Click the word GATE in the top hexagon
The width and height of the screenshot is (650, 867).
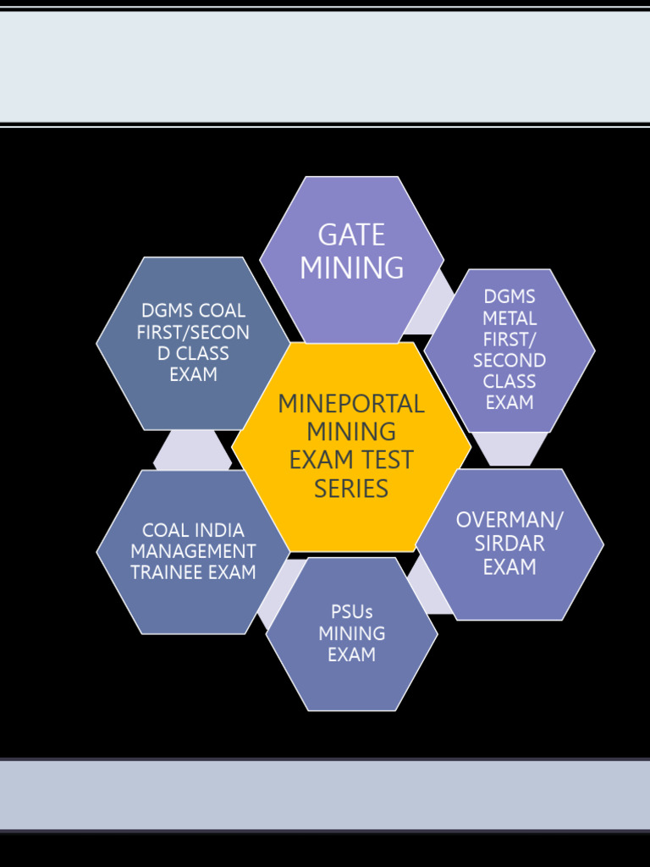pyautogui.click(x=351, y=235)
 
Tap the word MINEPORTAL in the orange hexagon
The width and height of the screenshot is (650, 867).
pyautogui.click(x=351, y=404)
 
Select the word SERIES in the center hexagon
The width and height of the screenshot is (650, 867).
pyautogui.click(x=351, y=489)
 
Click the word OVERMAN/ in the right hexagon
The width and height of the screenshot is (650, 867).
pyautogui.click(x=510, y=520)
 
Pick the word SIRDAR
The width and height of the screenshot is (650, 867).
pyautogui.click(x=510, y=544)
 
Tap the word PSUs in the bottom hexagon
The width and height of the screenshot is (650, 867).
pyautogui.click(x=352, y=612)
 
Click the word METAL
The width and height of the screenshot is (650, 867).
pyautogui.click(x=510, y=318)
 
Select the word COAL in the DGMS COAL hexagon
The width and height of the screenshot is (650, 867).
pyautogui.click(x=223, y=312)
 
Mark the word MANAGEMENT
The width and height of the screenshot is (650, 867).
pyautogui.click(x=193, y=552)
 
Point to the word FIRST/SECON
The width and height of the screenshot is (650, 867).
pyautogui.click(x=193, y=333)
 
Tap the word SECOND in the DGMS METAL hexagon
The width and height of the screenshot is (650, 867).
pyautogui.click(x=510, y=361)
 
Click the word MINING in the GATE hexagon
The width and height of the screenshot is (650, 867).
pyautogui.click(x=351, y=268)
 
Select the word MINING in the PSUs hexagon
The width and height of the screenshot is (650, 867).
pyautogui.click(x=352, y=633)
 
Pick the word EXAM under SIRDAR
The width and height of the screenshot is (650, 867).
pyautogui.click(x=510, y=567)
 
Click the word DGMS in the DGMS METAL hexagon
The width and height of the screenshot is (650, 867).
pyautogui.click(x=510, y=297)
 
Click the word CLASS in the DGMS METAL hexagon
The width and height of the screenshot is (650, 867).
pyautogui.click(x=510, y=382)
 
